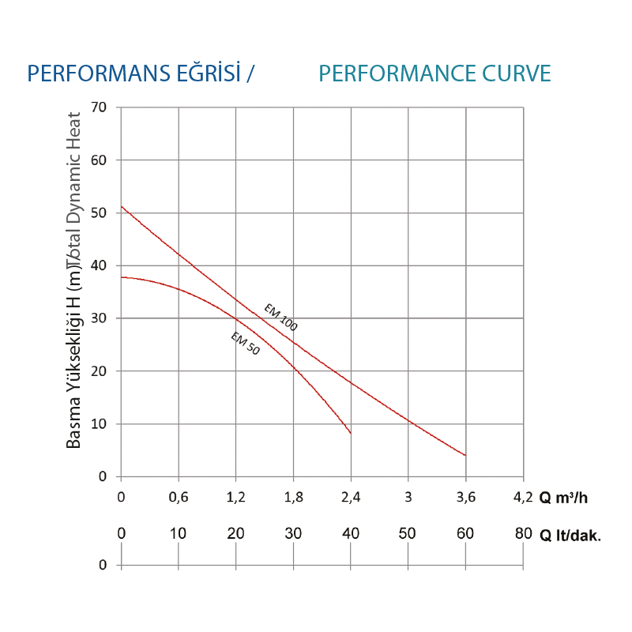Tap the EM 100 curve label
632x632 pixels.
(280, 317)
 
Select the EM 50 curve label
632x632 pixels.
(245, 344)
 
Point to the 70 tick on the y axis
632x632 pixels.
(100, 107)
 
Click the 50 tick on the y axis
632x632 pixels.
(100, 213)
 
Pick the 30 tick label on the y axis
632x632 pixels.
(100, 318)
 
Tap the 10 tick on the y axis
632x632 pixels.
(100, 424)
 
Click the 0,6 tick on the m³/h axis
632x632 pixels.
(179, 497)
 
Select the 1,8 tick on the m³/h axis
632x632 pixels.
(293, 497)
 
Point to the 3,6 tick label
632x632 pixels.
(465, 497)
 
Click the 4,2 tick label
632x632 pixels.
(522, 497)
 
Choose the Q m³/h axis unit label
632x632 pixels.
(563, 498)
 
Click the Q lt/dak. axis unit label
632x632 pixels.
(570, 535)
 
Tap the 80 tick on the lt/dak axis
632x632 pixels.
(522, 534)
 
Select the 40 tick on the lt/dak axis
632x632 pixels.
(350, 534)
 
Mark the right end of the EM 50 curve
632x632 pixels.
(350, 433)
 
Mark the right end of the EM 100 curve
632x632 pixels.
(465, 455)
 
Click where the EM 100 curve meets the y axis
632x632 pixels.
(122, 207)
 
